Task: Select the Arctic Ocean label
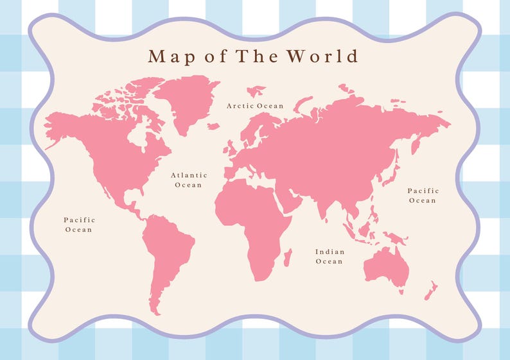point(255,105)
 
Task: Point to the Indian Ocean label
point(330,257)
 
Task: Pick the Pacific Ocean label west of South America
point(78,225)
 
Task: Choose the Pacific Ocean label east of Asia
point(423,196)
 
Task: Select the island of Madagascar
point(287,257)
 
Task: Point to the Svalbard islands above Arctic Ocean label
point(256,90)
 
